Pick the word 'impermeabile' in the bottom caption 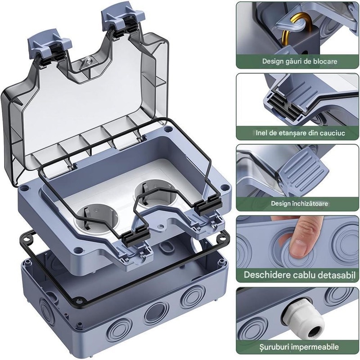315,346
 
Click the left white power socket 97,218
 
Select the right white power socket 154,193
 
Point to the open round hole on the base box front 156,313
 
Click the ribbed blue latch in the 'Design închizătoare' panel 302,170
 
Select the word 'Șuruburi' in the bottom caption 274,346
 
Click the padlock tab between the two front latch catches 161,226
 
